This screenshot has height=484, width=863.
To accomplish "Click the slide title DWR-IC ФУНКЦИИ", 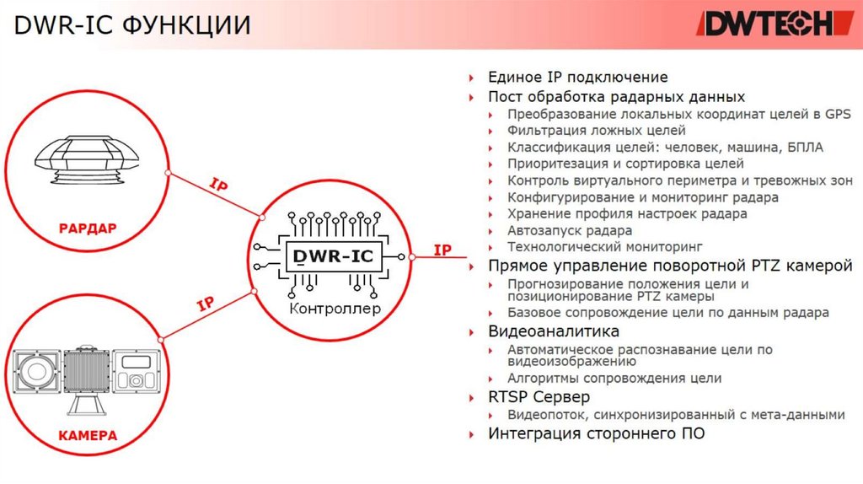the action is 132,25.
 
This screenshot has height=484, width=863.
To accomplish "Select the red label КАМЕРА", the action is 88,436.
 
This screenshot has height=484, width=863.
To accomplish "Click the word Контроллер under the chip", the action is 335,309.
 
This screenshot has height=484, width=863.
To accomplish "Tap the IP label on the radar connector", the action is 217,185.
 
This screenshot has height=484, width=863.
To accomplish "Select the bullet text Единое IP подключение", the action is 577,78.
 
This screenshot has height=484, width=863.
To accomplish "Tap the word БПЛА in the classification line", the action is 804,148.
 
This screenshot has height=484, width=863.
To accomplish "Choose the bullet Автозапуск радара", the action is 569,230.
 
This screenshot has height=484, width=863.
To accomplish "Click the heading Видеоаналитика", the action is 554,331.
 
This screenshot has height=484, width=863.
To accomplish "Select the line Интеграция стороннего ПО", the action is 596,433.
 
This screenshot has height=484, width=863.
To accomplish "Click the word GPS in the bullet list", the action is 839,114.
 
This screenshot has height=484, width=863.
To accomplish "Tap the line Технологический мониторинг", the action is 604,247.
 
